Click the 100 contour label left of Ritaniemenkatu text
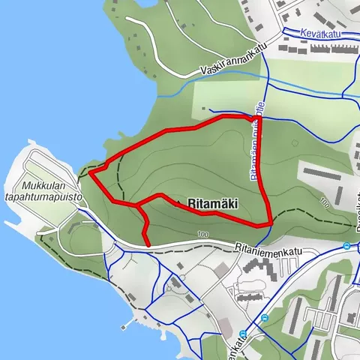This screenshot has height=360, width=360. tap(202, 235)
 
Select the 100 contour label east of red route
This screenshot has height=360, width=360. tap(324, 202)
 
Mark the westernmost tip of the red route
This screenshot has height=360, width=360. tap(91, 173)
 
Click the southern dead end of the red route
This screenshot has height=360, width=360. tap(148, 244)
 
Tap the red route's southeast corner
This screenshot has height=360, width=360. tap(269, 223)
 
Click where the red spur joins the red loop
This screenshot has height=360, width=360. tap(138, 204)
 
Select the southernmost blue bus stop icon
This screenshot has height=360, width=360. tap(243, 334)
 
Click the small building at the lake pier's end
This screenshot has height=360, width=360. tap(120, 327)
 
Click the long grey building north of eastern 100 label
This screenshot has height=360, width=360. tap(327, 172)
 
